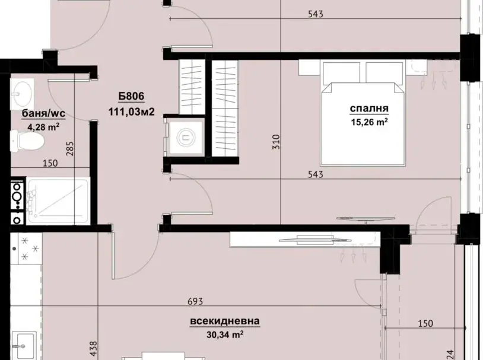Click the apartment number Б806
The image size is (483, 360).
[132, 97]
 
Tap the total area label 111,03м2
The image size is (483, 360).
[131, 111]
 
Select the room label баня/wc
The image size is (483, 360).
[43, 114]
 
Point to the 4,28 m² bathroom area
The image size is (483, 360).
[43, 126]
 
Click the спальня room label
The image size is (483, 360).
[369, 109]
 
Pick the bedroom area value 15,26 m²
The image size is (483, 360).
[369, 122]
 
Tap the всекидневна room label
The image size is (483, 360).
[225, 321]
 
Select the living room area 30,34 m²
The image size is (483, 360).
[225, 334]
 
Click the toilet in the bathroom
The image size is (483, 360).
[27, 141]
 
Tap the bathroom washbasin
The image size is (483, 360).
[22, 94]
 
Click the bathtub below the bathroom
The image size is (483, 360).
[58, 201]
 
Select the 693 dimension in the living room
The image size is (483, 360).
[195, 301]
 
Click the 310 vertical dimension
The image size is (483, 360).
[277, 142]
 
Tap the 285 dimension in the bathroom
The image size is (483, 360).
[70, 148]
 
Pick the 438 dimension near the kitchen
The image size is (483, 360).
[93, 348]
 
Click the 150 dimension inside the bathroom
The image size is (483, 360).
[50, 163]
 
